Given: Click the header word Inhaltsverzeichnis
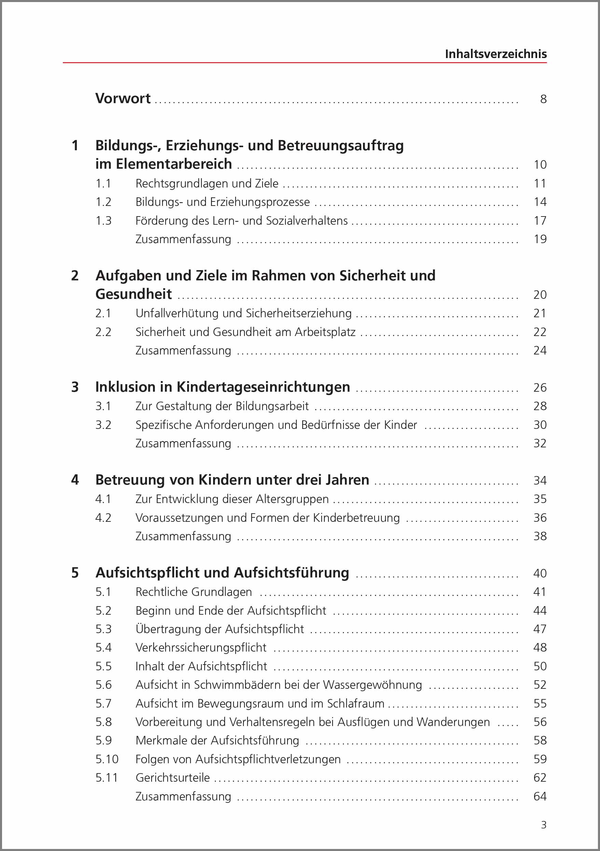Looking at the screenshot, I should point(496,54).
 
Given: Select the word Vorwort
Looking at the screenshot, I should point(123,99).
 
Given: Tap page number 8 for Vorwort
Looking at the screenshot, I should point(543,99).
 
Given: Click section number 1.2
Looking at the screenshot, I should point(103,202).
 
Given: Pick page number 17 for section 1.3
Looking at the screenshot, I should point(540,221).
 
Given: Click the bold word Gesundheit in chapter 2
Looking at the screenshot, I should point(134,294).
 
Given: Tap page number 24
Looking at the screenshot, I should point(540,351).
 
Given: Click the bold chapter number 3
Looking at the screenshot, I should point(75,387).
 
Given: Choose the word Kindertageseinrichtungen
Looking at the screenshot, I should point(263,387).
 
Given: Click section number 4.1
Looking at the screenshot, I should point(103,499).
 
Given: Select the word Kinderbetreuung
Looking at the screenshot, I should point(356,518).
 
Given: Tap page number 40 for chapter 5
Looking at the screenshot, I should point(540,573).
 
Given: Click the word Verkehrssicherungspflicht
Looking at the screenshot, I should point(201,647).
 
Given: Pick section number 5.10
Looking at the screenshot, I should point(107,759).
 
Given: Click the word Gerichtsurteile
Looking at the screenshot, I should point(173,778).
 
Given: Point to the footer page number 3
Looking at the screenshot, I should point(544,825).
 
